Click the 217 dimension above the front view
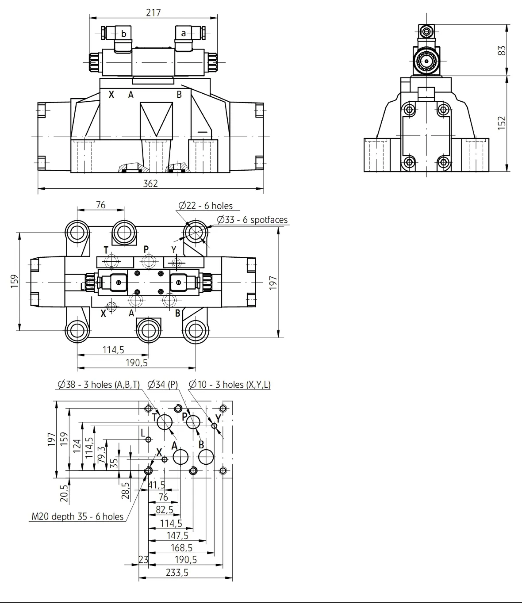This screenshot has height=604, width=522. (x=154, y=12)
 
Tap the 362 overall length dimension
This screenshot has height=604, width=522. (x=150, y=183)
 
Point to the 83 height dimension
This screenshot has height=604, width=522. (x=501, y=50)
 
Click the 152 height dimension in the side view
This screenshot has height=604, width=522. (x=501, y=123)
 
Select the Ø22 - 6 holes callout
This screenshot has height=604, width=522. (x=205, y=206)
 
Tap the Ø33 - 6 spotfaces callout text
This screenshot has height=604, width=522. (x=252, y=219)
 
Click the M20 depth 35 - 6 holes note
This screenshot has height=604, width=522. (x=77, y=516)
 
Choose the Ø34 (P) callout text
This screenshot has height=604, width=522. (x=163, y=384)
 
